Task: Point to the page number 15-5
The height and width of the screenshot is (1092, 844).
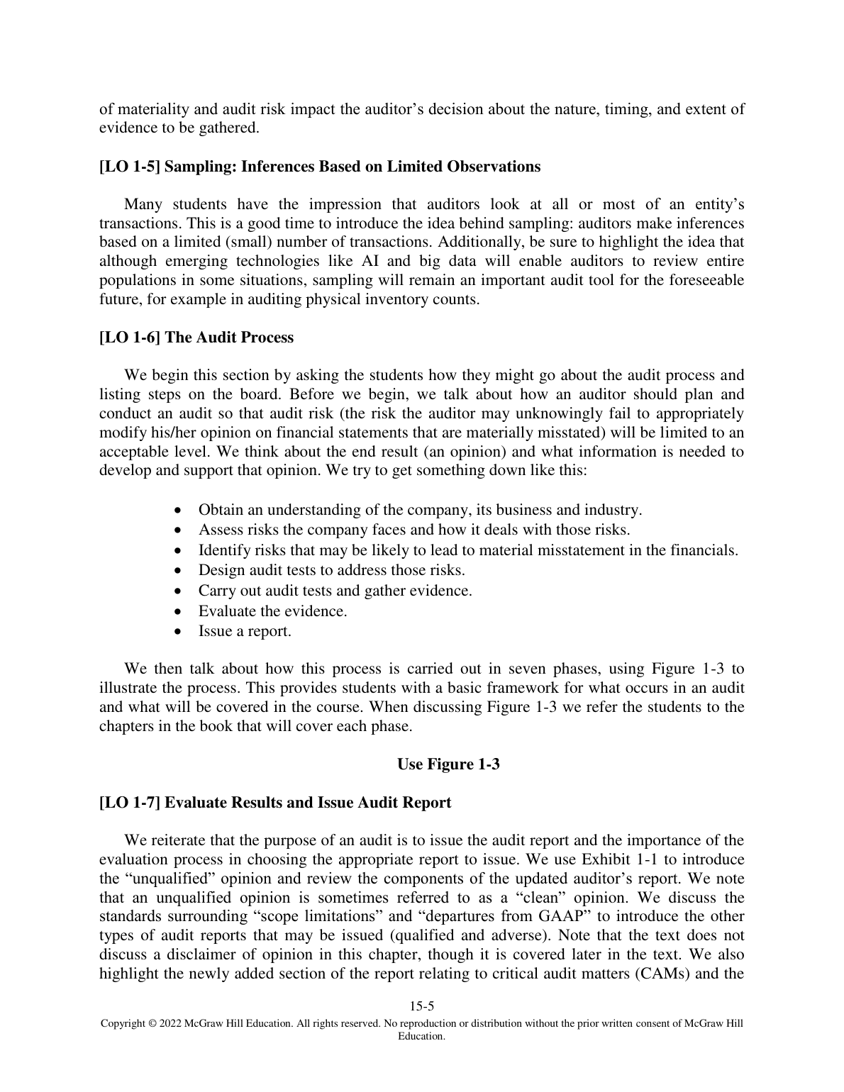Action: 422,1005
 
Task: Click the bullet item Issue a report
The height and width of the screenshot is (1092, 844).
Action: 245,631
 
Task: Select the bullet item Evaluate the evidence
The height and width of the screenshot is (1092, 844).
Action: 273,611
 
